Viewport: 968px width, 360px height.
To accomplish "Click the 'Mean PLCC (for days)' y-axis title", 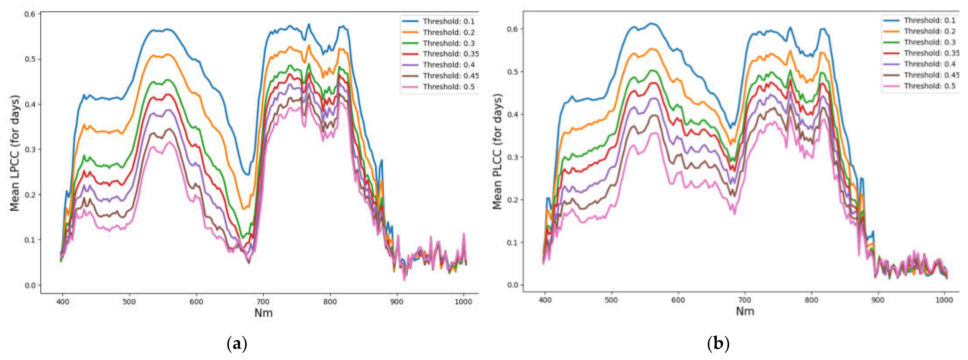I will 497,152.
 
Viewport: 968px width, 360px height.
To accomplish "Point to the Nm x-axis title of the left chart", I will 263,313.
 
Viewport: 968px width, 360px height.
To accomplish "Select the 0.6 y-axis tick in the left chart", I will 30,14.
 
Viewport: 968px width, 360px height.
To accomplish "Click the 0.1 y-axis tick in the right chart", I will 512,242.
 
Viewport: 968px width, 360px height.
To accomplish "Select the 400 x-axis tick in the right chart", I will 545,300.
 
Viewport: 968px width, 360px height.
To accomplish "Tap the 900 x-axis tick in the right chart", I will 878,300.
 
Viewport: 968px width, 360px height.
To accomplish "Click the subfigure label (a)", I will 237,343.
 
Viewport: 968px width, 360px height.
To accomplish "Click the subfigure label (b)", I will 718,343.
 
